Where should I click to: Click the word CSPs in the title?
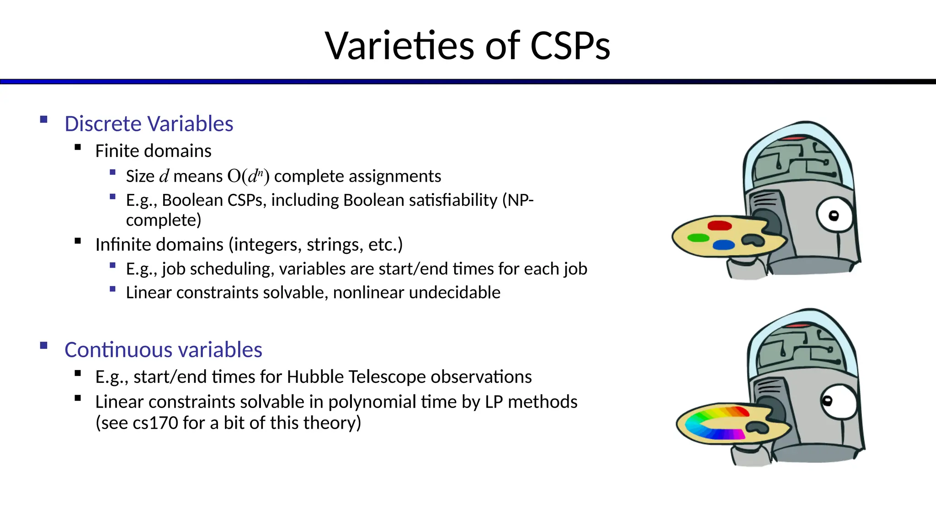point(570,46)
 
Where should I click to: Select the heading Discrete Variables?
point(149,124)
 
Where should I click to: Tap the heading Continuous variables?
point(163,350)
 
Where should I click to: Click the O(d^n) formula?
point(248,176)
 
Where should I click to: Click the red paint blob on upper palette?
point(719,226)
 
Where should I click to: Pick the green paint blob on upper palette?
point(698,238)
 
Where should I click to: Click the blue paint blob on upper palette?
point(723,245)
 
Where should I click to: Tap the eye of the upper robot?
point(834,215)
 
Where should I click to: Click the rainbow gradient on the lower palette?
point(713,423)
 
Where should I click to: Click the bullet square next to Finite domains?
point(78,147)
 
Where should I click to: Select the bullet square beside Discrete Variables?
point(44,119)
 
